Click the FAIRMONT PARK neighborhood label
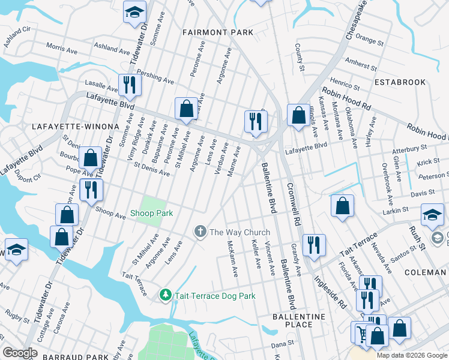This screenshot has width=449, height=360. click(218, 32)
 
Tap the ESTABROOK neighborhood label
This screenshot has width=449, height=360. click(400, 82)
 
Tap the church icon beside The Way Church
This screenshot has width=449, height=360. click(200, 232)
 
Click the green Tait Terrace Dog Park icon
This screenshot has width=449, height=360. click(166, 295)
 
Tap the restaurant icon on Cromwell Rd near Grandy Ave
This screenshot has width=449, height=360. click(314, 244)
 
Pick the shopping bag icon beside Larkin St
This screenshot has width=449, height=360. click(342, 206)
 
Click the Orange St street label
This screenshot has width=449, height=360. click(369, 39)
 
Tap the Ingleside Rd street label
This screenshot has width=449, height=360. click(331, 290)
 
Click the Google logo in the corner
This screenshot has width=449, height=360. click(20, 352)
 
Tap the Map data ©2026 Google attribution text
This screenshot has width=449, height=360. click(411, 355)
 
